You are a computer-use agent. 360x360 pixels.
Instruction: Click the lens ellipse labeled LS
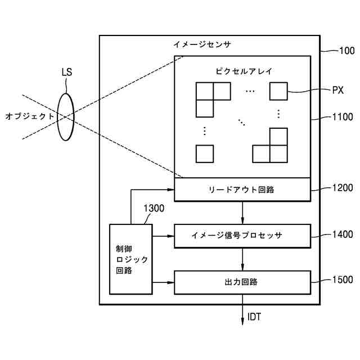(66, 116)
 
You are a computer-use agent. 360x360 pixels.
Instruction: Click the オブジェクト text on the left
(30, 116)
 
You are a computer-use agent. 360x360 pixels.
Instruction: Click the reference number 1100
(341, 118)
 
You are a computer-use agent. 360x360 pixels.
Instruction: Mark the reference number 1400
(341, 235)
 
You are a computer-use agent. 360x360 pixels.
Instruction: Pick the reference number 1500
(341, 280)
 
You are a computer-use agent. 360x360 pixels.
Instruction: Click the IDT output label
(254, 317)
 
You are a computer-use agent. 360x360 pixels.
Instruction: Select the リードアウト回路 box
(242, 190)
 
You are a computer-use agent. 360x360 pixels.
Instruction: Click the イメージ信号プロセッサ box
(242, 235)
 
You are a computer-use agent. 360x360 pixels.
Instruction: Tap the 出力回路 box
(242, 282)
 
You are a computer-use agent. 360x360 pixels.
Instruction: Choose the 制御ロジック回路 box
(130, 259)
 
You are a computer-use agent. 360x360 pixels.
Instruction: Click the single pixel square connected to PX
(278, 91)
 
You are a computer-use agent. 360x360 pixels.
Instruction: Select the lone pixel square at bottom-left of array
(205, 154)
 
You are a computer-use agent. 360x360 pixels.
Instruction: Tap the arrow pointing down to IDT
(242, 313)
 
